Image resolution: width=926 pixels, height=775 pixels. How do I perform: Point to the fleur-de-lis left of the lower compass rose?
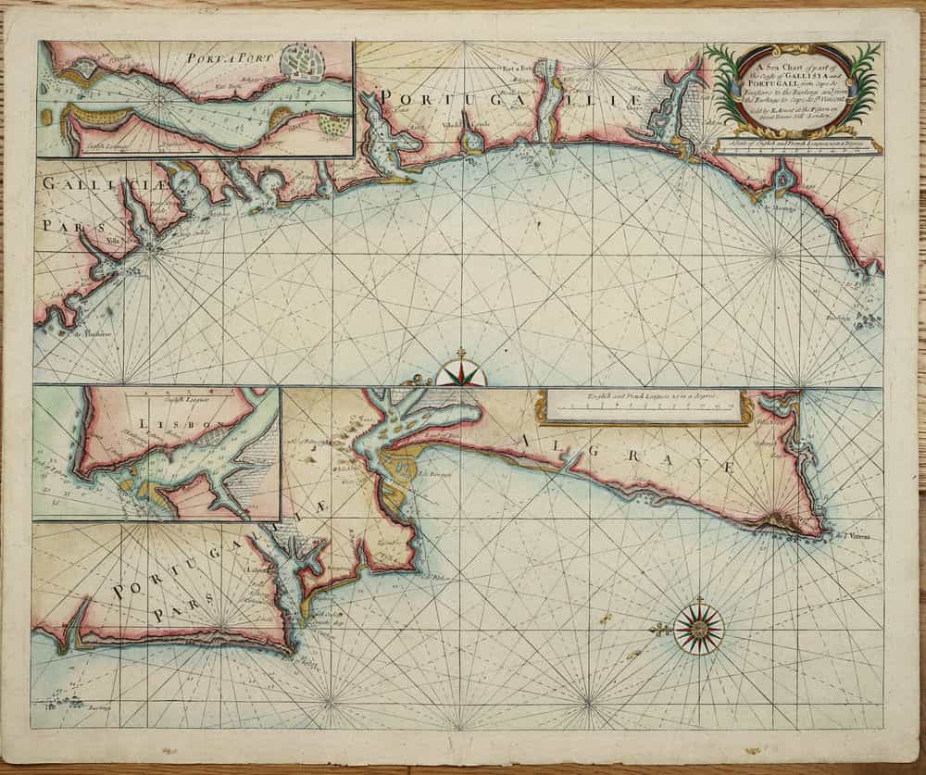660,630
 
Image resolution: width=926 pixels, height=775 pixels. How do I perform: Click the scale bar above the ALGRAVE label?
644,406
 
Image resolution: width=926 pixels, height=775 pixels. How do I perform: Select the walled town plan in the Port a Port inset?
307,65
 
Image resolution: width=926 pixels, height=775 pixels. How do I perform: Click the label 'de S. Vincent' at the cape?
854,535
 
